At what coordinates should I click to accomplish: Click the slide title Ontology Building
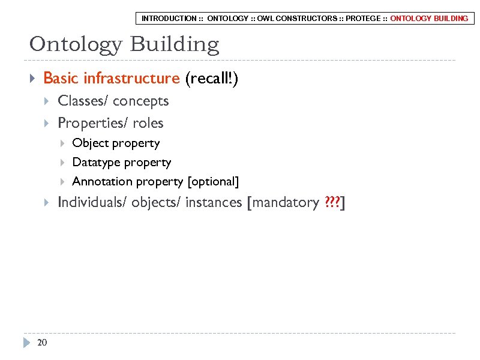124,44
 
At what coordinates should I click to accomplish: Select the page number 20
41,343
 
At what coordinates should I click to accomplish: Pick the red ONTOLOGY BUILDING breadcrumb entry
429,19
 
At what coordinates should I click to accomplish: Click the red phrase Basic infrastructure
112,79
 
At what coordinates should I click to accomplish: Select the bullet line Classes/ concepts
113,101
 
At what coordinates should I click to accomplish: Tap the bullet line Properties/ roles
110,123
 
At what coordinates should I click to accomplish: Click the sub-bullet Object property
116,143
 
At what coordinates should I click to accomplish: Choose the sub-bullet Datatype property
121,163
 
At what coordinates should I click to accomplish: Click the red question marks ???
331,203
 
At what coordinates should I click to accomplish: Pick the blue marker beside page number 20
26,343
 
